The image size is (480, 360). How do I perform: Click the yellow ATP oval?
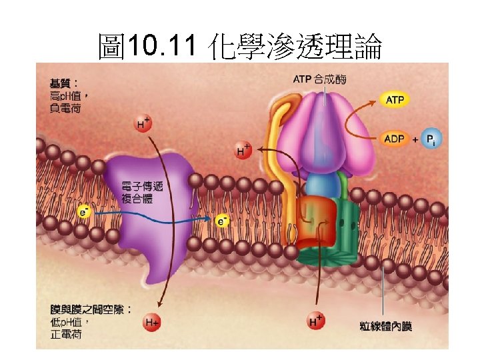tap(395, 100)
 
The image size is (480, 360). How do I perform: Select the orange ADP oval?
tap(395, 140)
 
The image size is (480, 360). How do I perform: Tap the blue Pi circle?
tap(432, 140)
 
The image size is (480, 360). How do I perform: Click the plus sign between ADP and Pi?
tap(415, 141)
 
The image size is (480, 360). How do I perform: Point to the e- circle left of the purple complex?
tap(85, 211)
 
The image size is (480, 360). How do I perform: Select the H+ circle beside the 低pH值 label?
tap(152, 323)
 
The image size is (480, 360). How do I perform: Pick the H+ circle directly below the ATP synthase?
tap(316, 321)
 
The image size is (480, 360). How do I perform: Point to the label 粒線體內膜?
tap(386, 326)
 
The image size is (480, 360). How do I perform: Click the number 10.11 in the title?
tap(163, 46)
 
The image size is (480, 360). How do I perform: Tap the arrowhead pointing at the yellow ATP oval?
tap(375, 102)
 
